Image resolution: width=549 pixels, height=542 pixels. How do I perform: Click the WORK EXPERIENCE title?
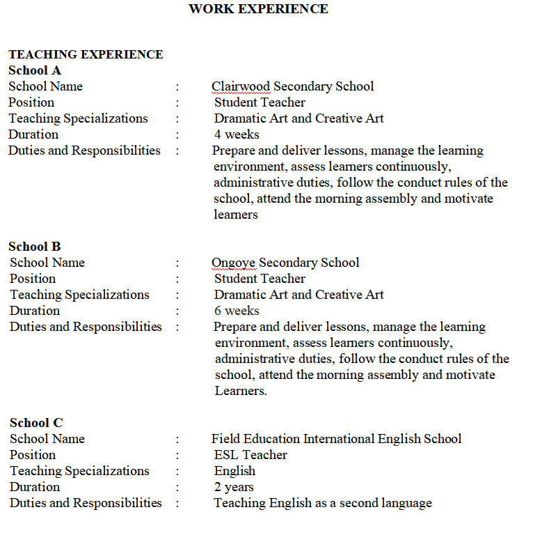point(258,9)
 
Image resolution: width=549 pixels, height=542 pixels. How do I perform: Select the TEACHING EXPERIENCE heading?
point(86,54)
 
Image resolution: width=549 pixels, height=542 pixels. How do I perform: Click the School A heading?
point(35,70)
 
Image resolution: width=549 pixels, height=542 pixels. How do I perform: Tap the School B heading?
point(35,247)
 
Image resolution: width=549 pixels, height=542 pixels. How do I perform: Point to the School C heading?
point(36,423)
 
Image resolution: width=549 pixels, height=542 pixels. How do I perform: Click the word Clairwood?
point(241,86)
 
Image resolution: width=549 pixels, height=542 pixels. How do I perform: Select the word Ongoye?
point(234,263)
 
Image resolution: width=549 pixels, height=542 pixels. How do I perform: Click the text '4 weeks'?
point(237,134)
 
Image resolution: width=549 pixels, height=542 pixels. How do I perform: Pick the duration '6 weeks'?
point(237,311)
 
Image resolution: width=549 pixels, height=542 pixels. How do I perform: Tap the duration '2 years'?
point(234,487)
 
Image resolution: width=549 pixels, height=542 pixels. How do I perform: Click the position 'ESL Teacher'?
point(250,455)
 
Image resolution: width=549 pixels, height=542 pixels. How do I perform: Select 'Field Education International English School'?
point(336,439)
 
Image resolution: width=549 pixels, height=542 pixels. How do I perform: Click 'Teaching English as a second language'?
point(323,503)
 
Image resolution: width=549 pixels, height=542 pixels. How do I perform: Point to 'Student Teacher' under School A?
point(260,102)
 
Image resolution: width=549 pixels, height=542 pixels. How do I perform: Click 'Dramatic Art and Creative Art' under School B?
point(299,295)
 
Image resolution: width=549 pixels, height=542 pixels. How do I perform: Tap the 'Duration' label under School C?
point(35,487)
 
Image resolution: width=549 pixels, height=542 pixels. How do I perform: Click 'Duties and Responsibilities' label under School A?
point(84,150)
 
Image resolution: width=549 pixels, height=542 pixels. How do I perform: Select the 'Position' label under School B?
point(33,279)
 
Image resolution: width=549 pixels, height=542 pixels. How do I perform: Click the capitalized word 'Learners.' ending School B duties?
point(241,391)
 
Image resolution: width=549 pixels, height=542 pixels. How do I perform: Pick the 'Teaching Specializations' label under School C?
point(79,471)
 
